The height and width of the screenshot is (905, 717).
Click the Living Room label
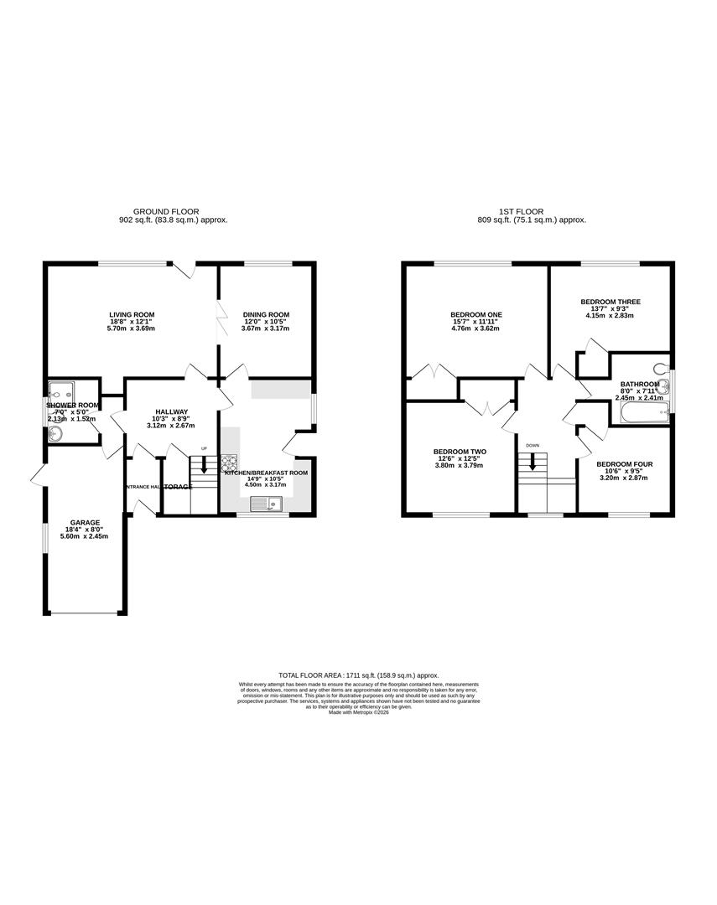pos(131,315)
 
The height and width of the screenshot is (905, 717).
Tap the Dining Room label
pos(266,315)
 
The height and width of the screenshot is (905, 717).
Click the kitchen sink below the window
pos(269,503)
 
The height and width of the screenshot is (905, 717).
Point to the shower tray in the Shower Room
pos(60,390)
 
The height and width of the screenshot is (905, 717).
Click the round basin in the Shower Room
pos(55,433)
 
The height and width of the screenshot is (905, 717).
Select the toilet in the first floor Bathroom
pos(662,367)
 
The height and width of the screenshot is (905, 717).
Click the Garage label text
pos(84,522)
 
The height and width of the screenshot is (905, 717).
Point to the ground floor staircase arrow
pos(203,465)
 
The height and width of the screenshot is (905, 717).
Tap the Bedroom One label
pos(475,315)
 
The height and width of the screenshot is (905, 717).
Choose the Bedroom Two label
pos(460,452)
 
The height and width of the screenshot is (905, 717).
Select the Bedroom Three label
pos(610,301)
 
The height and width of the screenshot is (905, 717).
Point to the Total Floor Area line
pos(358,675)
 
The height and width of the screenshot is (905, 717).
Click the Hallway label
pos(171,411)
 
